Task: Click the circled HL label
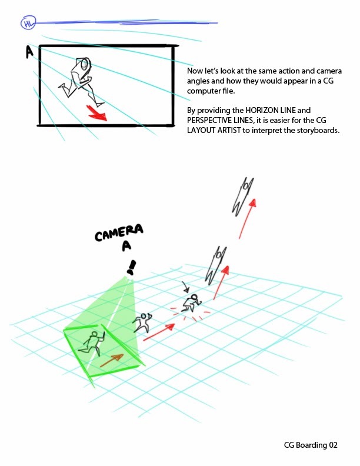coord(28,23)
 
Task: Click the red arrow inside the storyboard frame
coord(97,113)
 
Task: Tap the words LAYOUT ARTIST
coord(214,130)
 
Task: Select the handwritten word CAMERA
coord(119,232)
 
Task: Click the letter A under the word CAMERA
coord(127,245)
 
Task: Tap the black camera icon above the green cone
coord(131,268)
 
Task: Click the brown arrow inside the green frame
coord(112,360)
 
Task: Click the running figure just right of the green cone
coord(142,322)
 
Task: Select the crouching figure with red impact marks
coord(192,302)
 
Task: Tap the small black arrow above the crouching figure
coord(186,287)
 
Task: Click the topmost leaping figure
coord(242,197)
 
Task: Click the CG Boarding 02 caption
coord(311,445)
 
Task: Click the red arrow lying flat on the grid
coord(159,332)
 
